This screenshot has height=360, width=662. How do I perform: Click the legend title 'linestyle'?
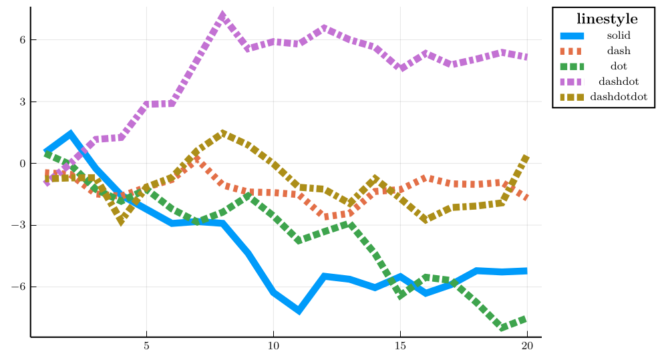coord(607,19)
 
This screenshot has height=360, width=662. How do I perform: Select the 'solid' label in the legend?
coord(619,35)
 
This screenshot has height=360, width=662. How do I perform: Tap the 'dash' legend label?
coord(619,51)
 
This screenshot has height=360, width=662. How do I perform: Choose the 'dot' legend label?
coord(619,66)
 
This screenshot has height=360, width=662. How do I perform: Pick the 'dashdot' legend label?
coord(619,81)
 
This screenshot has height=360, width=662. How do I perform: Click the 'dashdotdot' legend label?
coord(619,97)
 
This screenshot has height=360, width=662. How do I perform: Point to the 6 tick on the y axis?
coord(23,40)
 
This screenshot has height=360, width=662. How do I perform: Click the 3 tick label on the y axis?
coord(23,102)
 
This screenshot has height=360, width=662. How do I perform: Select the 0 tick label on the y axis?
coord(23,164)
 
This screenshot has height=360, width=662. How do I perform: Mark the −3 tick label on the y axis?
coord(20,225)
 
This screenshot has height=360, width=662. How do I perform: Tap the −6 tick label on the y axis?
coord(20,287)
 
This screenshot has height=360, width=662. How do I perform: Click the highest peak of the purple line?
coord(222,15)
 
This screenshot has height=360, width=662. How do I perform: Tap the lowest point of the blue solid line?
coord(299,311)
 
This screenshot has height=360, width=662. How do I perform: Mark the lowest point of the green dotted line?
coord(502,327)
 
